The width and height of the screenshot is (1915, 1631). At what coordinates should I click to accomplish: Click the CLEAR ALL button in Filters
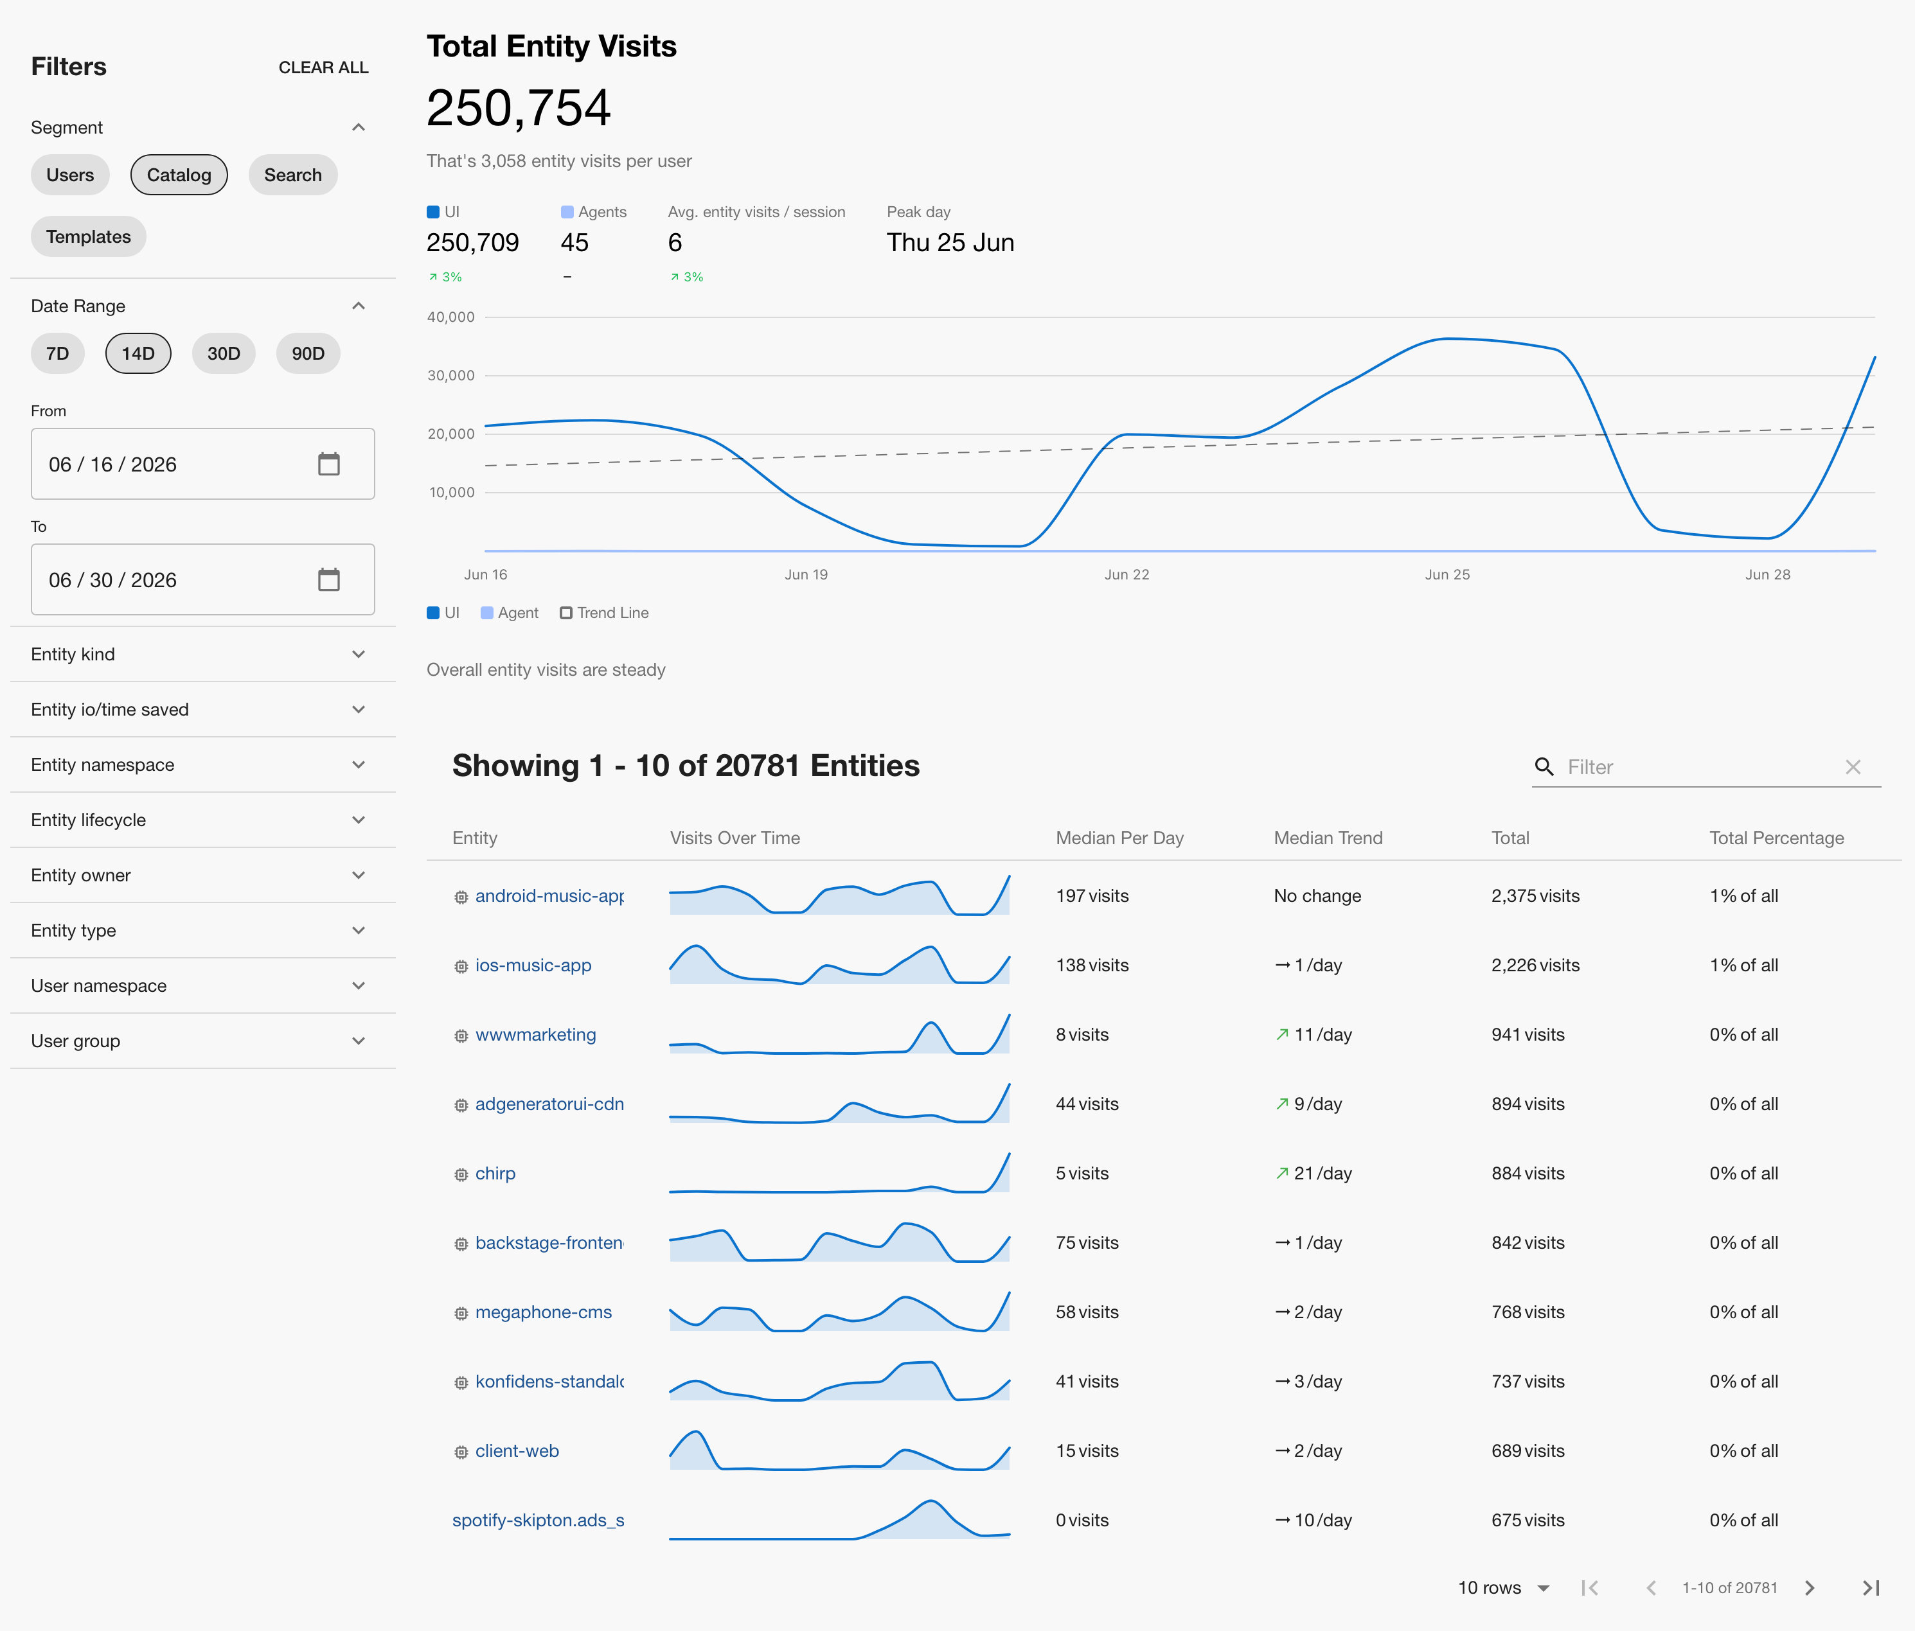tap(323, 67)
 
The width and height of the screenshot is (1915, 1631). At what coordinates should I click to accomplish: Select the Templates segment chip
tap(89, 236)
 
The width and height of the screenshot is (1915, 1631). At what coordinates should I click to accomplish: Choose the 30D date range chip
tap(224, 354)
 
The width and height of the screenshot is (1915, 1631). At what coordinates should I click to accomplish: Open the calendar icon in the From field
tap(329, 464)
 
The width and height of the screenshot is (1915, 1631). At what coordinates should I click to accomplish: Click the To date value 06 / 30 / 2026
tap(112, 580)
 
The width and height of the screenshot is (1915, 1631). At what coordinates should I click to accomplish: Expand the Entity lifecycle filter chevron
tap(359, 820)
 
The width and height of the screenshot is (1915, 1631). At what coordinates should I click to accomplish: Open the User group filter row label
tap(76, 1041)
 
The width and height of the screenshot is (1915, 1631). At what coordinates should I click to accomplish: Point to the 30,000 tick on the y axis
tap(451, 375)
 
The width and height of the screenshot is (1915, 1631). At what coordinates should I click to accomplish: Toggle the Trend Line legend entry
tap(605, 613)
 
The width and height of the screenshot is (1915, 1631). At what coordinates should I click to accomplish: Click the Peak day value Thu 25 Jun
tap(950, 243)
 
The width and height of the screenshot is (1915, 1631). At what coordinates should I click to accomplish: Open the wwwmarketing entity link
tap(536, 1035)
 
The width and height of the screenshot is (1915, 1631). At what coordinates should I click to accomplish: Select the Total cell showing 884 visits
tap(1528, 1174)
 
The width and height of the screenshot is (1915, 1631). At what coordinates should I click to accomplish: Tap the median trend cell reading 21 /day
tap(1314, 1174)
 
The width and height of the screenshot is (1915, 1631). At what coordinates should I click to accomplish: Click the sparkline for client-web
tap(839, 1450)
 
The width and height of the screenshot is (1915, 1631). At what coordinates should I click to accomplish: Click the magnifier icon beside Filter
tap(1544, 767)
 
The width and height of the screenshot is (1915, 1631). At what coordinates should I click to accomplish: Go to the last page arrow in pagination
tap(1871, 1587)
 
